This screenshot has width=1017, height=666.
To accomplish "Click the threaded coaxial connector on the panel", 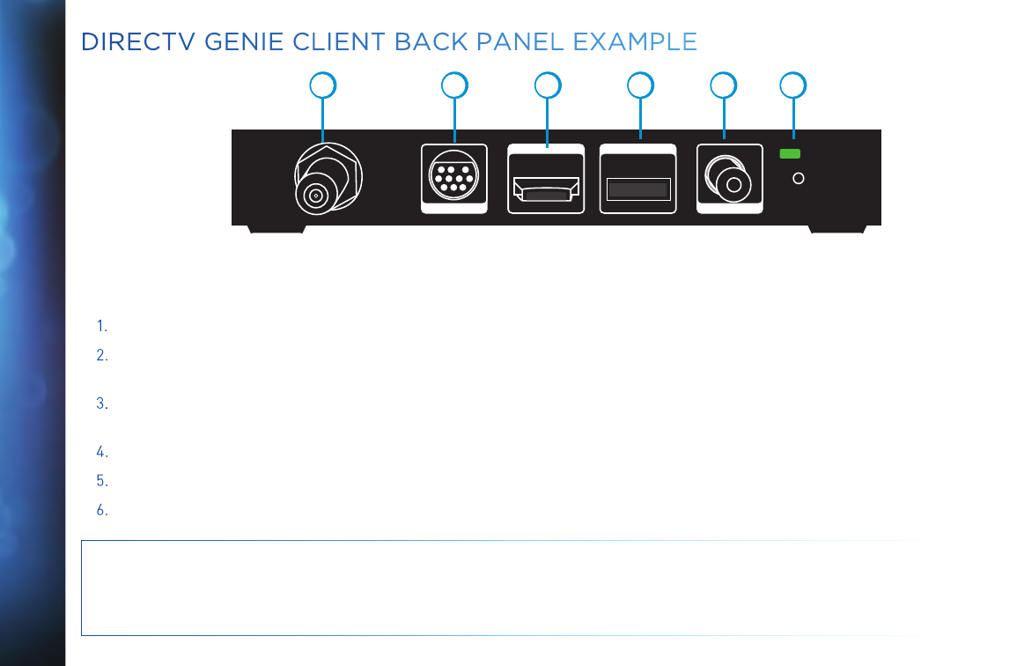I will click(x=323, y=181).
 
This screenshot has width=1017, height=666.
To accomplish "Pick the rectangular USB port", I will click(x=638, y=189).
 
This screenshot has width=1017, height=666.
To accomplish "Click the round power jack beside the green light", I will click(x=729, y=181).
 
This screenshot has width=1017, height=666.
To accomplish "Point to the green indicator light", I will click(x=791, y=154).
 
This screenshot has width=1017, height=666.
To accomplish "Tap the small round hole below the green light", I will click(x=799, y=178).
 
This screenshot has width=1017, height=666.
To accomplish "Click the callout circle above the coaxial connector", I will click(x=324, y=85).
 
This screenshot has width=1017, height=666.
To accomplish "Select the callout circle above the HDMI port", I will click(x=549, y=85).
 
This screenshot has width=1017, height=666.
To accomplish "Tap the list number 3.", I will click(x=102, y=404).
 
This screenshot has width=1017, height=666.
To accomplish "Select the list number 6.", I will click(x=102, y=509).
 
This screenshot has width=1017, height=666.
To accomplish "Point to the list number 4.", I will click(x=102, y=453).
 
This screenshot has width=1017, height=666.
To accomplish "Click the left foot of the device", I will click(x=276, y=229).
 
